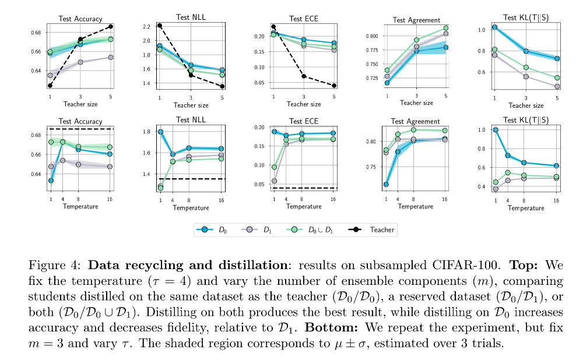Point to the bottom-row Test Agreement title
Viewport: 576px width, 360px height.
click(416, 121)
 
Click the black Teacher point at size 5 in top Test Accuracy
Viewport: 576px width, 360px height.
click(111, 27)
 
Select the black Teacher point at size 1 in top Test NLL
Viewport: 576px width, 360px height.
click(159, 26)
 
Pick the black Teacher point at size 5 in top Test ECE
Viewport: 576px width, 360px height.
click(333, 86)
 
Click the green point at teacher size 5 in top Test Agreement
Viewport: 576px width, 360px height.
click(446, 28)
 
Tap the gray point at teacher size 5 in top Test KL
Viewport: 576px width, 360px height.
click(557, 87)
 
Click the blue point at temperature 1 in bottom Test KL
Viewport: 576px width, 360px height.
click(496, 130)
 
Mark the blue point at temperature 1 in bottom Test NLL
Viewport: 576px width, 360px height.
click(160, 132)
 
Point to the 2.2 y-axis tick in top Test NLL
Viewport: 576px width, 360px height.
click(146, 27)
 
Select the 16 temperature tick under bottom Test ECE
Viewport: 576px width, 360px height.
click(333, 199)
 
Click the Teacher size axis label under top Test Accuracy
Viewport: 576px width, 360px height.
click(80, 104)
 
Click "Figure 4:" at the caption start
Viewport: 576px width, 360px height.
click(48, 265)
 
